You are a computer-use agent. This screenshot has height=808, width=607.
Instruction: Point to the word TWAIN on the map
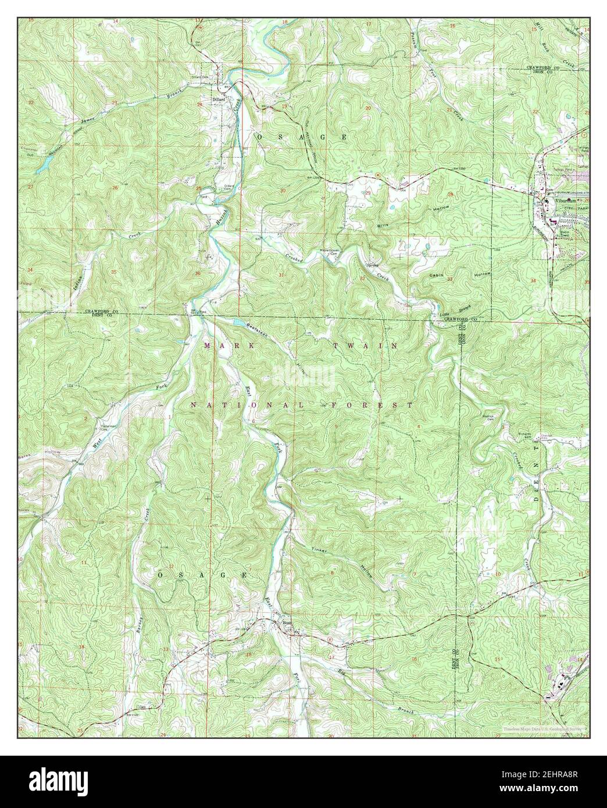[x=366, y=345]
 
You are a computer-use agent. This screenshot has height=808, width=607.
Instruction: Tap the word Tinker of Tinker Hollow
[x=320, y=549]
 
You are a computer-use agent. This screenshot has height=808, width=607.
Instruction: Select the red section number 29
[x=368, y=194]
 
